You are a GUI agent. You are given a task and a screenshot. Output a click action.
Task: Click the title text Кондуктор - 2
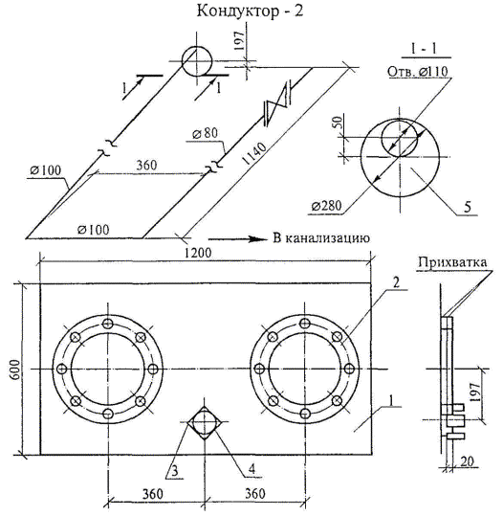(250, 11)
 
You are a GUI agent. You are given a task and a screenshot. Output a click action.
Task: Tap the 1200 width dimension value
(197, 253)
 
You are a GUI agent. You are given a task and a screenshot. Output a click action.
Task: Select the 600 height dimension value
(15, 370)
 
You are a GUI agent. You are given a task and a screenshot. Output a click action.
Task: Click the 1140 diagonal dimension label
(254, 153)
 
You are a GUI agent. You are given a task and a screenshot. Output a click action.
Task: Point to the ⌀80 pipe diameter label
(206, 134)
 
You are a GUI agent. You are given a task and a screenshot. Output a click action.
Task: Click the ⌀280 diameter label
(327, 206)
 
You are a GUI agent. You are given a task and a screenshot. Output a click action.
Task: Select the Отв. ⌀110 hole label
(418, 72)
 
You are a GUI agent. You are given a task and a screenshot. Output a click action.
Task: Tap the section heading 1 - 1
(424, 49)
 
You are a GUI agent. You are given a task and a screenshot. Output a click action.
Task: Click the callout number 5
(468, 207)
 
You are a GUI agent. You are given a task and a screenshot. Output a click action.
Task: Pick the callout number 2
(397, 282)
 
